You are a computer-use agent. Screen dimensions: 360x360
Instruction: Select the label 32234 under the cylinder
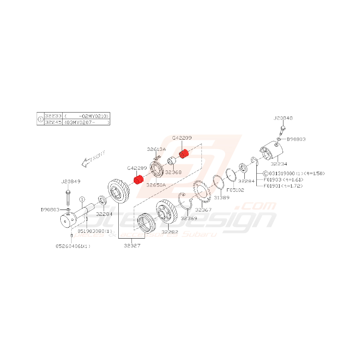point(279,164)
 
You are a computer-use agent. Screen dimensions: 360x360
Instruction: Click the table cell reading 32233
point(53,116)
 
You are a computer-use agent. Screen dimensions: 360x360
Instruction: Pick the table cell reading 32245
point(53,122)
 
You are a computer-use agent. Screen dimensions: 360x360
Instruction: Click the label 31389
point(222,198)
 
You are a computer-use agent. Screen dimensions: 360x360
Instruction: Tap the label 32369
point(189,218)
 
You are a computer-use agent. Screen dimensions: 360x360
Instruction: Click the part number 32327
point(132,245)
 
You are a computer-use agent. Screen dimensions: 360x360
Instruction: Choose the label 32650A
point(155,185)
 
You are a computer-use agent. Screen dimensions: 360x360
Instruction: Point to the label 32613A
point(156,149)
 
